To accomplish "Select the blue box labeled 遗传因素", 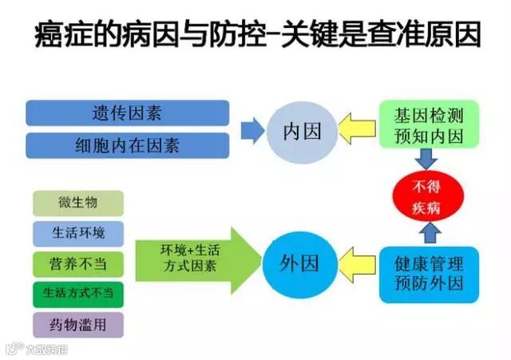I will pos(127,113).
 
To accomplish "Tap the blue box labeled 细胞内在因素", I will pos(127,145).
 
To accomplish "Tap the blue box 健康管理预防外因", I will pos(429,272).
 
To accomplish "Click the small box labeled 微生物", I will pos(78,204).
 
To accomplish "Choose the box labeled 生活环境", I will pos(78,233).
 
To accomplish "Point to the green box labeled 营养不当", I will pos(78,263).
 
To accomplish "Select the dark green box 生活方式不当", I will pos(78,293).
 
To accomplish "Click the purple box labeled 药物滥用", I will pos(78,324).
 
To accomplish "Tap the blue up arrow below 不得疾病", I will pos(429,232).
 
